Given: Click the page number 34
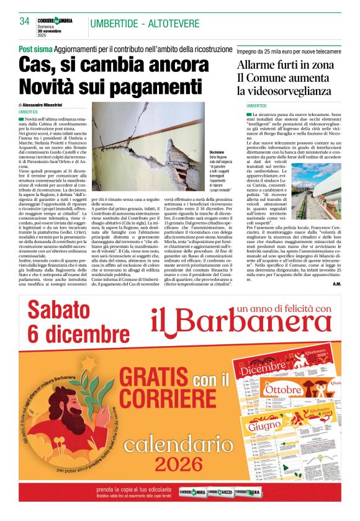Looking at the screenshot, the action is click(25, 22).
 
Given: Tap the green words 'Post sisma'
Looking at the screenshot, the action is click(34, 48).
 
